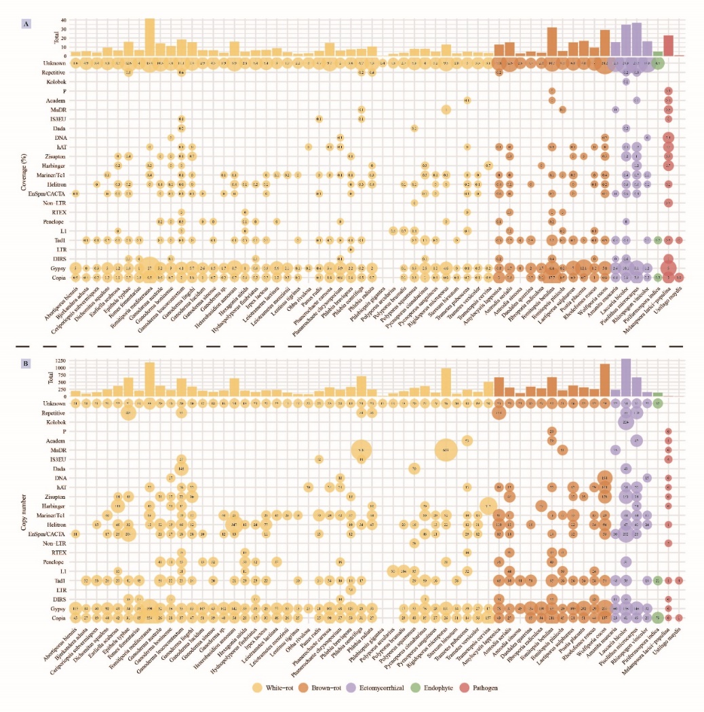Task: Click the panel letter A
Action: pyautogui.click(x=26, y=24)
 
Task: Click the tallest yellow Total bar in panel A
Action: pyautogui.click(x=150, y=37)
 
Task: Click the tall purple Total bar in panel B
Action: pyautogui.click(x=626, y=377)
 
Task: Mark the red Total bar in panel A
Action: pyautogui.click(x=668, y=45)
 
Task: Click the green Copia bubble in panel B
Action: pyautogui.click(x=658, y=618)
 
